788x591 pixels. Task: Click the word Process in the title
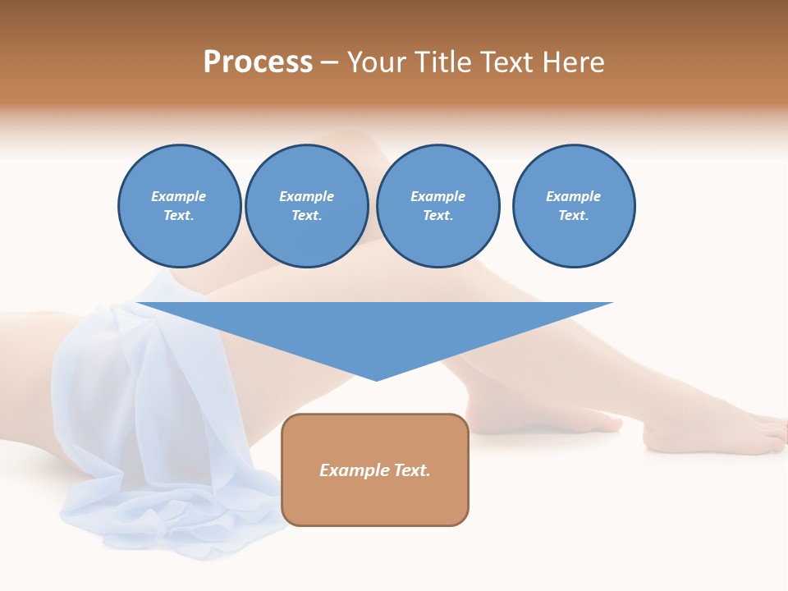click(x=258, y=62)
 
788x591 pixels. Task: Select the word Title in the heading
click(x=438, y=62)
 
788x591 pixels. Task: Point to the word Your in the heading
click(x=376, y=62)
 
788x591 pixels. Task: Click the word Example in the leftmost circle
click(x=179, y=196)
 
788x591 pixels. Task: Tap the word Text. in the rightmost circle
click(x=574, y=216)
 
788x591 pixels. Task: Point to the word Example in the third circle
click(x=438, y=196)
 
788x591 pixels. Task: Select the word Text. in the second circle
click(x=307, y=216)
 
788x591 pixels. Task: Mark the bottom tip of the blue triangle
click(x=376, y=379)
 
